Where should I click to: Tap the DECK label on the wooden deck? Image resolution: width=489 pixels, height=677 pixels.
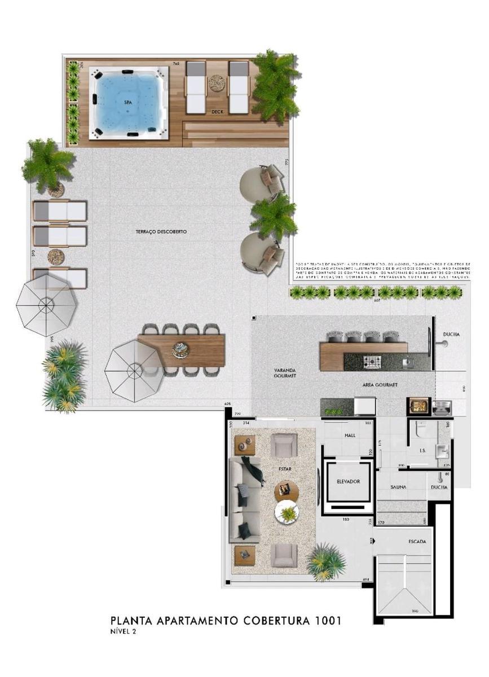click(x=218, y=112)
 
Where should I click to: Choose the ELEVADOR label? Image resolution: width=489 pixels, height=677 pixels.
click(x=348, y=481)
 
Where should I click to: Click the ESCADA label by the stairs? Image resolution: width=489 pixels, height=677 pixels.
click(x=417, y=542)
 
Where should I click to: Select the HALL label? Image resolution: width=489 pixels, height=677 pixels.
click(x=350, y=436)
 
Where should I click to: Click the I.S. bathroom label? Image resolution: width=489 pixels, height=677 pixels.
click(x=422, y=451)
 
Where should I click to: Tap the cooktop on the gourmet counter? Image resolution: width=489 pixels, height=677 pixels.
click(x=373, y=361)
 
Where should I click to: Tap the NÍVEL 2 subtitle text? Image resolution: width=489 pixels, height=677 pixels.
click(x=123, y=632)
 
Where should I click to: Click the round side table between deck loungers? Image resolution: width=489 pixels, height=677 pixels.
click(x=217, y=83)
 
